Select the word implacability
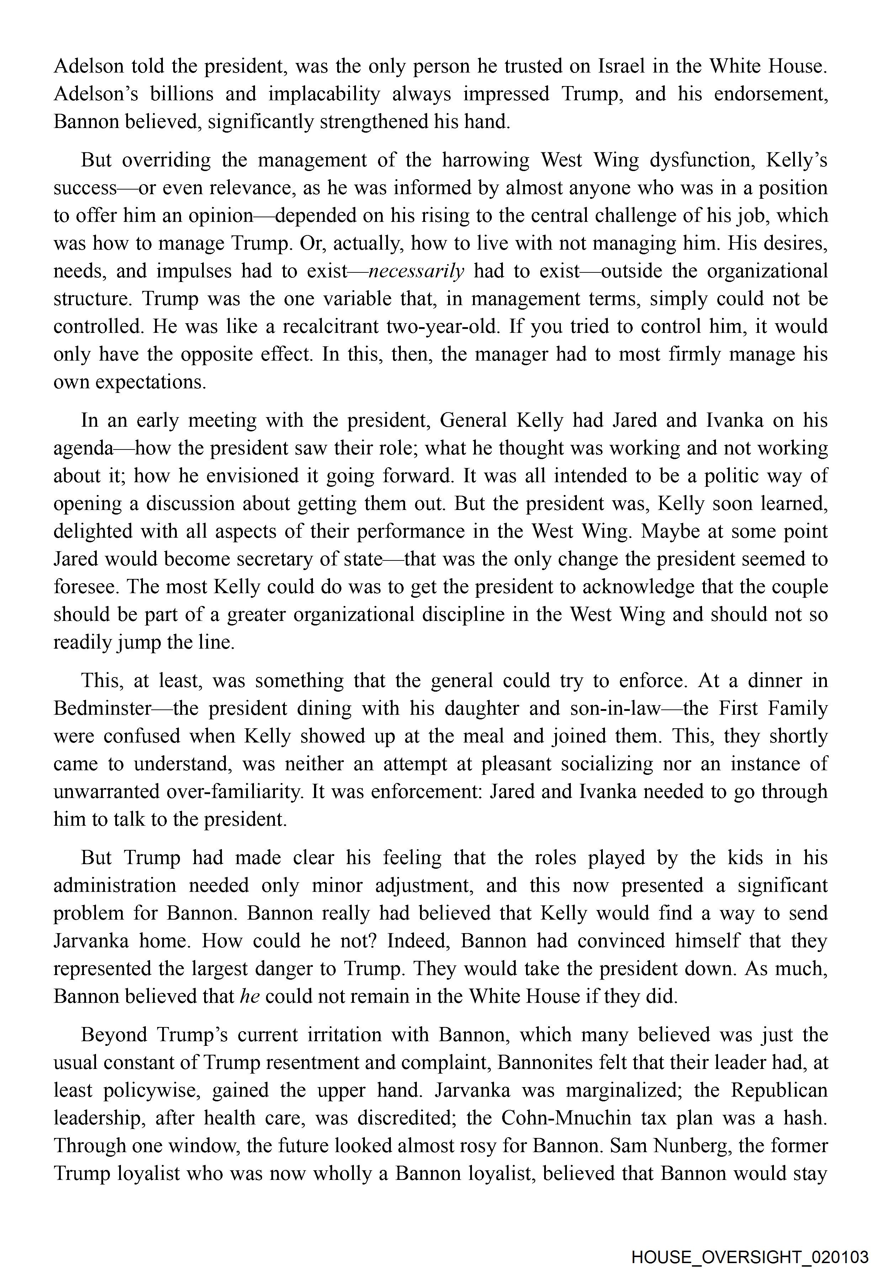[x=324, y=94]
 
